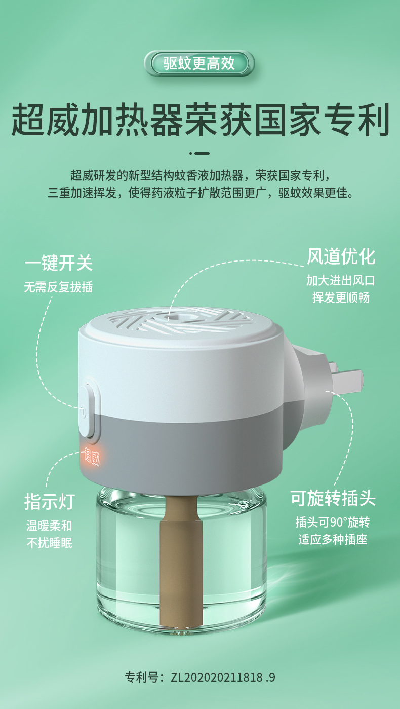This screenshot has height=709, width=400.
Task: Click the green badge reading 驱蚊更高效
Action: tap(199, 63)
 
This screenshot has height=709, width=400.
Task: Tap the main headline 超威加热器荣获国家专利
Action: tap(200, 120)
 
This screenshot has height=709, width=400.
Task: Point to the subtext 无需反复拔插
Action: tap(59, 287)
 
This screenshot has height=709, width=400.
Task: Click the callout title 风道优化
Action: tap(341, 256)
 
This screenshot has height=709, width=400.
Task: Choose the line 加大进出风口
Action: tap(341, 280)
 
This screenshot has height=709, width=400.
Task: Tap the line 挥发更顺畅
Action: tap(341, 297)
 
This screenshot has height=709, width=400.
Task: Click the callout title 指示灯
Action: tap(50, 501)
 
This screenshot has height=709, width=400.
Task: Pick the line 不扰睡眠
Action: tap(50, 543)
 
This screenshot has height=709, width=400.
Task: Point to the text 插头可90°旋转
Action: tap(333, 522)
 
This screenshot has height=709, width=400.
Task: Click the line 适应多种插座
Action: tap(333, 539)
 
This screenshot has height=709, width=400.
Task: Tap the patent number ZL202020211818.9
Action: tap(223, 677)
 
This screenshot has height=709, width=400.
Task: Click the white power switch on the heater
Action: tap(86, 411)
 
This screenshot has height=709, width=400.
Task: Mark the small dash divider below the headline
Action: tap(199, 153)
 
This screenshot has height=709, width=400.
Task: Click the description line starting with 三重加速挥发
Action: tap(201, 193)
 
